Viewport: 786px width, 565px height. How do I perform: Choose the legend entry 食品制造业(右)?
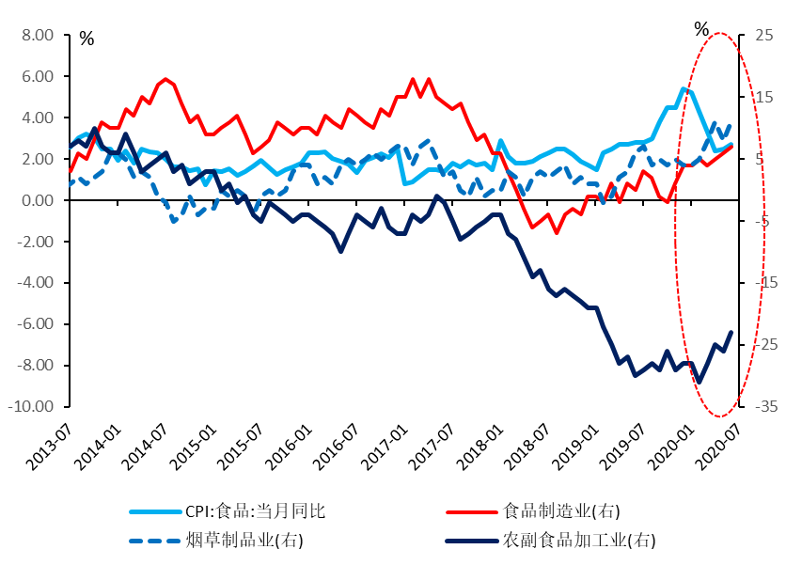(x=562, y=511)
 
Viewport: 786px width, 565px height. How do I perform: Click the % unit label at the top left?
(x=86, y=39)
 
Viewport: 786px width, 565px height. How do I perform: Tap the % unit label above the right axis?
(x=701, y=29)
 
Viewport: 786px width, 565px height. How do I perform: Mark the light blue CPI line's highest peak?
(x=684, y=88)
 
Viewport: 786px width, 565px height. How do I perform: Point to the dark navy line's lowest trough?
(x=698, y=382)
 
